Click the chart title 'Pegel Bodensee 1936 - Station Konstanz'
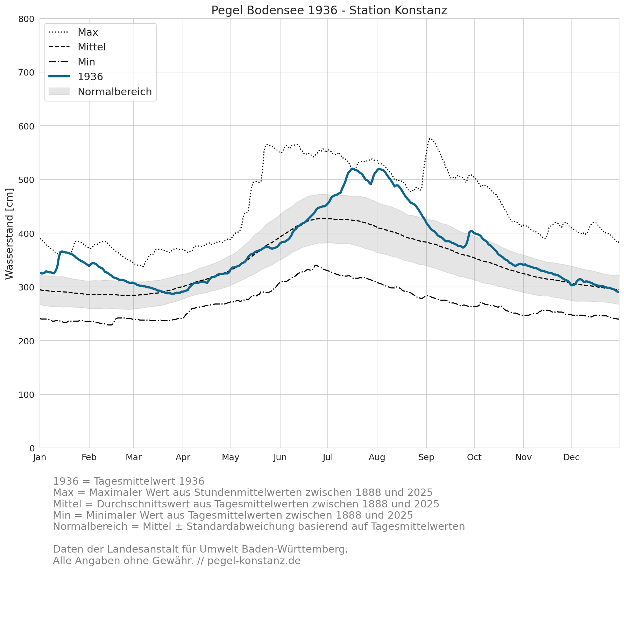click(x=329, y=10)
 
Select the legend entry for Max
click(x=73, y=32)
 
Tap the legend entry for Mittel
click(x=77, y=47)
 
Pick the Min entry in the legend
click(x=72, y=62)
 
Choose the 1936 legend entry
click(x=76, y=77)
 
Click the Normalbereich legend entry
click(x=100, y=92)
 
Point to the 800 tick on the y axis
click(x=27, y=19)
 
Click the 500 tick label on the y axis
click(x=27, y=180)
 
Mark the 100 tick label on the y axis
click(x=27, y=395)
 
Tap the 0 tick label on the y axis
click(x=32, y=448)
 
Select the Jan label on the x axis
click(x=40, y=457)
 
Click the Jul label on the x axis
click(x=328, y=457)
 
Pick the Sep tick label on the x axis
click(x=426, y=457)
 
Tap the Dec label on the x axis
click(x=571, y=457)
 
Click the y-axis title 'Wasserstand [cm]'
click(x=9, y=234)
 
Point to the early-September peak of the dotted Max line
click(x=430, y=139)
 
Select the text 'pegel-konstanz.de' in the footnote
click(x=254, y=561)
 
